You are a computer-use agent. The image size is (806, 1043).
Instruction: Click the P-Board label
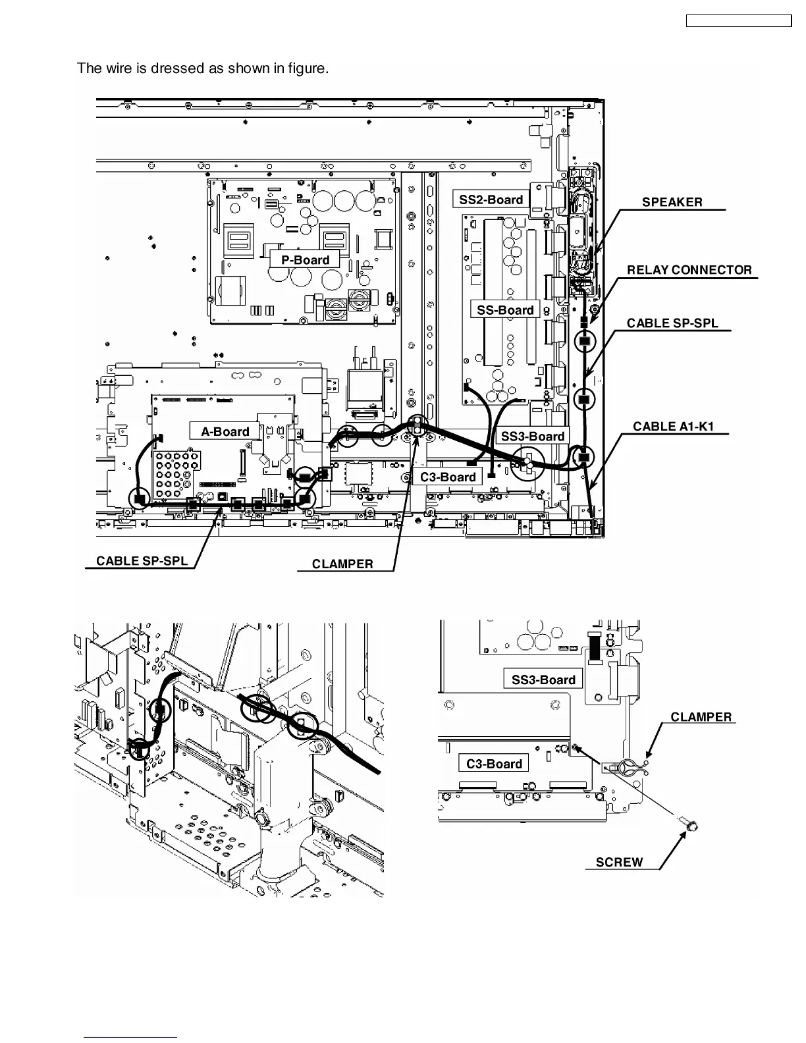coord(305,259)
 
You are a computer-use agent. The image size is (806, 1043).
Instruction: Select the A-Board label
coord(225,431)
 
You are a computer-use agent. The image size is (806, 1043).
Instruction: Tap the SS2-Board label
coord(491,199)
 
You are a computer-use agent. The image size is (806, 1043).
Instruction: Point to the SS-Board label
coord(505,309)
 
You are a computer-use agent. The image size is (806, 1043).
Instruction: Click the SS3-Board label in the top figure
coord(533,436)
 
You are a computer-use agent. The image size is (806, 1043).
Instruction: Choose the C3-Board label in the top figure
coord(448,477)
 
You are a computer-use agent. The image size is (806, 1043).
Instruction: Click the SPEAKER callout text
coord(672,202)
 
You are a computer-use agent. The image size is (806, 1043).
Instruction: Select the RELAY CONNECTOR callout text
coord(689,270)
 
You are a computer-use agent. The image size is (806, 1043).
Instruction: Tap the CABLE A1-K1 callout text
coord(673,426)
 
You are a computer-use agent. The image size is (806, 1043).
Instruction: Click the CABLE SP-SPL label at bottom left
coord(142,561)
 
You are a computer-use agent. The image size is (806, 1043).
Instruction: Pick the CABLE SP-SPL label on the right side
coord(672,323)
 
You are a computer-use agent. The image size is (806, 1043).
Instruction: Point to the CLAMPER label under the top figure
coord(342,564)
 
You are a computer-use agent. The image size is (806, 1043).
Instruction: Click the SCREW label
coord(619,863)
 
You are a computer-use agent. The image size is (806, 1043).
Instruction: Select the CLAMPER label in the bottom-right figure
coord(701,717)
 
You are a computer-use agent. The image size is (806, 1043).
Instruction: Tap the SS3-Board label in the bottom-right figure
coord(543,680)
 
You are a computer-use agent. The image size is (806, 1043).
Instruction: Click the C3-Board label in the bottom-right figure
coord(494,764)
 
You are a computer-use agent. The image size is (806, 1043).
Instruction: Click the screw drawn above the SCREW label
coord(689,824)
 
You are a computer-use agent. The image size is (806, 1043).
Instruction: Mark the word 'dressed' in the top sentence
coord(178,68)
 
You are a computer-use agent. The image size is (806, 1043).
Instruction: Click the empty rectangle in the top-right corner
coord(738,21)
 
